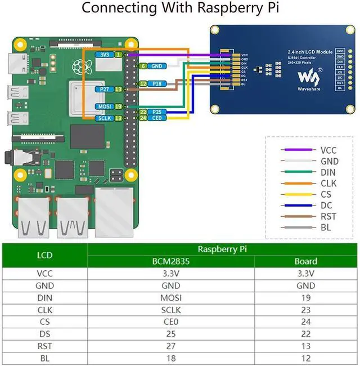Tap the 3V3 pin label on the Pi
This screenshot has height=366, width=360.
click(x=105, y=55)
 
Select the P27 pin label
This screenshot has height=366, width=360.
click(x=104, y=89)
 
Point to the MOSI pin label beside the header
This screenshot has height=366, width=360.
click(x=104, y=106)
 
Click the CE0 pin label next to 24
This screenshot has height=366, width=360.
click(x=157, y=118)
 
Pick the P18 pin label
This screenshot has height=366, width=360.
click(x=157, y=83)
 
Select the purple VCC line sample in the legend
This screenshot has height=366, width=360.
click(x=299, y=150)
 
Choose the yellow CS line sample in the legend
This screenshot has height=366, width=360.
click(x=299, y=195)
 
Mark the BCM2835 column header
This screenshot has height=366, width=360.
click(x=171, y=261)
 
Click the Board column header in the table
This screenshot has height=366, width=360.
click(x=305, y=261)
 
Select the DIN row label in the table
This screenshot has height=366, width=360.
click(x=44, y=298)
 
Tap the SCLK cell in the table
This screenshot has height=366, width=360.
click(x=171, y=310)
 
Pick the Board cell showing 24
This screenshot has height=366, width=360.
click(x=305, y=322)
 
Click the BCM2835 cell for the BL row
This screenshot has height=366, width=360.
click(x=171, y=359)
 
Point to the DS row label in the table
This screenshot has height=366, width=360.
click(x=44, y=334)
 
